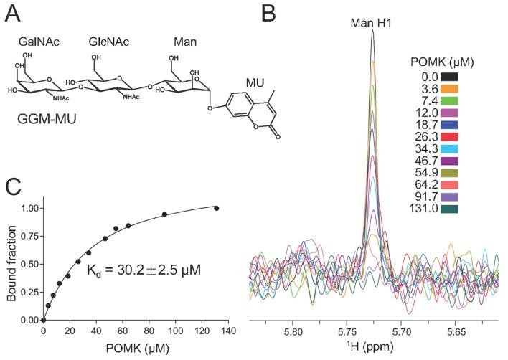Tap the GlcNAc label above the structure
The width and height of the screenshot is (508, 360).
click(108, 42)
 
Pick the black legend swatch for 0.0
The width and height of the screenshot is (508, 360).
click(450, 76)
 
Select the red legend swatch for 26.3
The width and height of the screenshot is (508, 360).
click(450, 136)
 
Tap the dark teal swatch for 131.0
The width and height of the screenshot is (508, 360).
click(450, 209)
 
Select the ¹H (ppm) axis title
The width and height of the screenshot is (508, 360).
click(372, 349)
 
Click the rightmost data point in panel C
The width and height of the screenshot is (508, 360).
click(216, 209)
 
